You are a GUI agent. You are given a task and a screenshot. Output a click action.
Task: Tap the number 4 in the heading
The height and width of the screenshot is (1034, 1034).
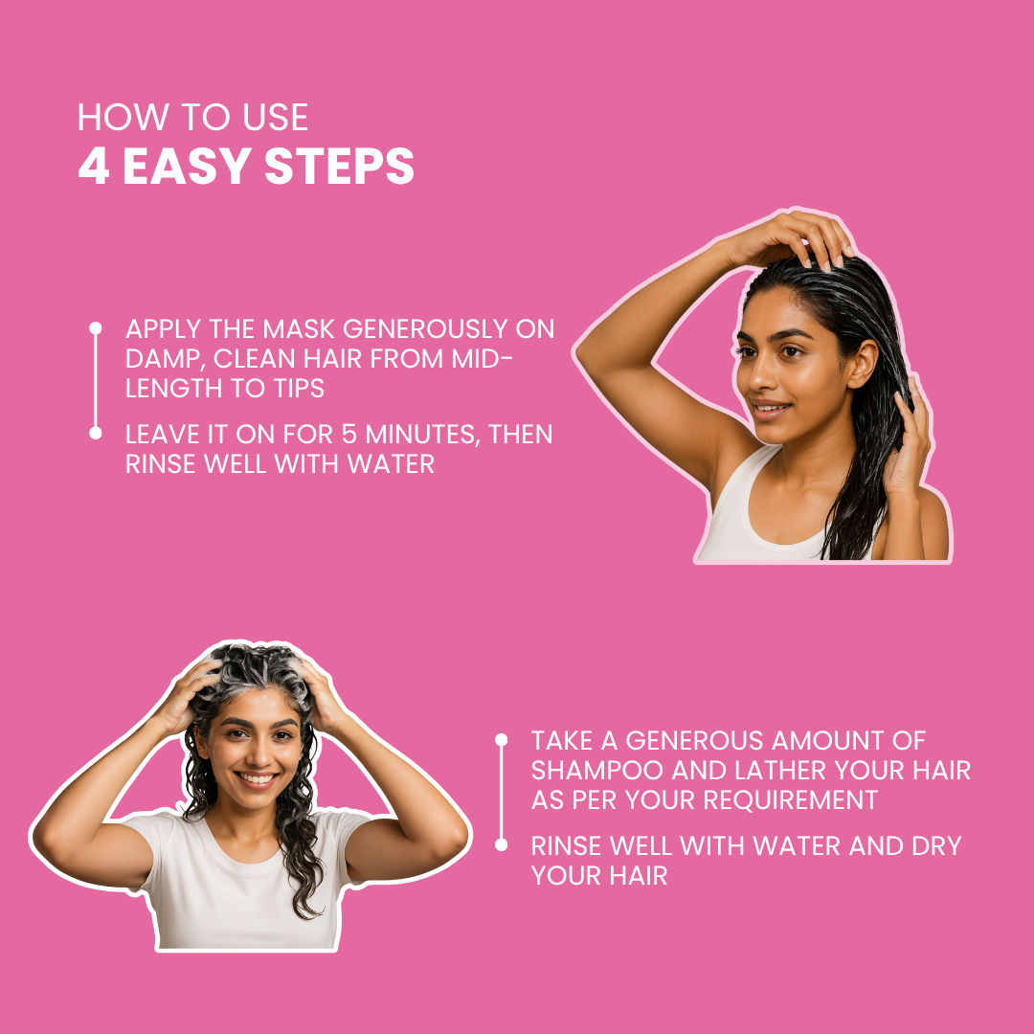(94, 166)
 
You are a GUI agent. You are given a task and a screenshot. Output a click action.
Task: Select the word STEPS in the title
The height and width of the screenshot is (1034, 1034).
(339, 166)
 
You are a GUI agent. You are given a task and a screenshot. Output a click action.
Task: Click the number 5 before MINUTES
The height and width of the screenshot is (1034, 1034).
(349, 434)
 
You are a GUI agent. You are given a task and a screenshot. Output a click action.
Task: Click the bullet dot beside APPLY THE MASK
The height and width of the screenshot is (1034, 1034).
(96, 327)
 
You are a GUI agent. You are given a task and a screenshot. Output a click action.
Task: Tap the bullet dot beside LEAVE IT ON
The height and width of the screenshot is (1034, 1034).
(96, 434)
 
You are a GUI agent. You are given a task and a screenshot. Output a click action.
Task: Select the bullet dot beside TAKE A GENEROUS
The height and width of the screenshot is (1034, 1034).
(501, 739)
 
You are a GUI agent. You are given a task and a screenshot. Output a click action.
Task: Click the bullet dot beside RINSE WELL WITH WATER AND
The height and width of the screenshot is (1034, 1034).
(501, 844)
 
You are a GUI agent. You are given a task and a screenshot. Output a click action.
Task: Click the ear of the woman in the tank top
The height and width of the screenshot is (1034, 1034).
(862, 364)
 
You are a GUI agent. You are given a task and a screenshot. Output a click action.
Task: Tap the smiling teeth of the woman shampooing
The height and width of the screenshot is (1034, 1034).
(257, 778)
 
